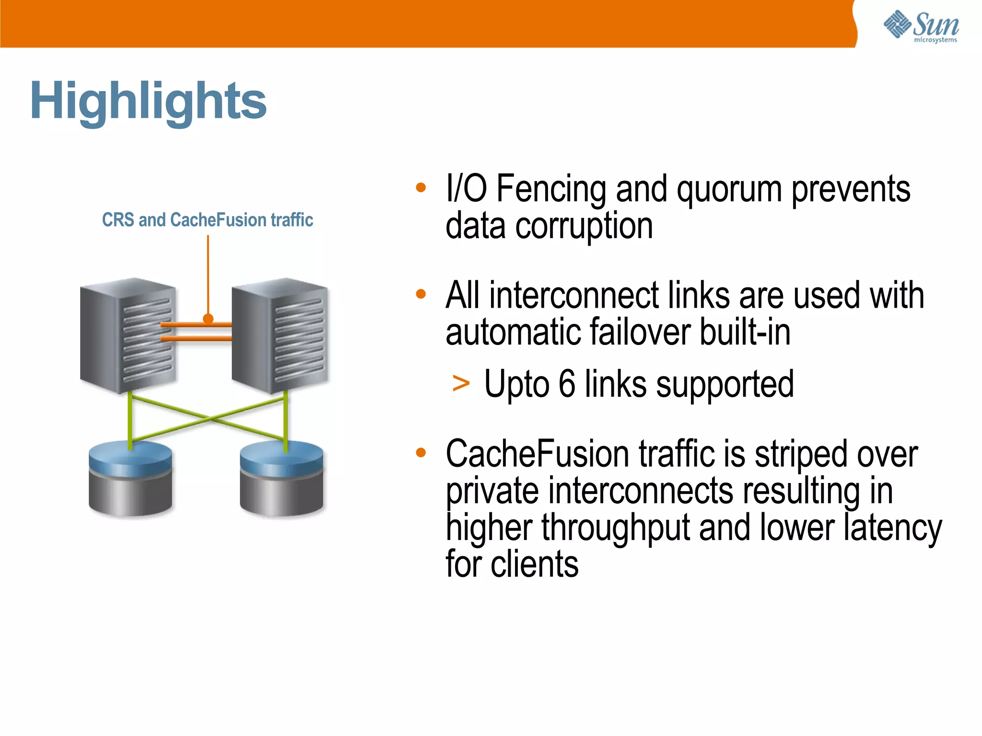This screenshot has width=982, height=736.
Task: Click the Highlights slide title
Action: pos(148,101)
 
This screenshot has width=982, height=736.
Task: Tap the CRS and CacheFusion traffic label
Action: pos(207,220)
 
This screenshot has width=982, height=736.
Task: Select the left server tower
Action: pos(128,335)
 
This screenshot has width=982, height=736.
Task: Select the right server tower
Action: pos(280,335)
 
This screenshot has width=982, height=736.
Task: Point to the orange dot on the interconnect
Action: pos(208,319)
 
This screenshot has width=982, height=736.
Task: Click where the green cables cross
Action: pos(209,419)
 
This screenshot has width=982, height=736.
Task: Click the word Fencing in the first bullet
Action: pos(551,189)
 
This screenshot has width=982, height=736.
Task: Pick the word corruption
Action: pos(584,226)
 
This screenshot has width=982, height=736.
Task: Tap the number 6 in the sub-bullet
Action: pos(567,384)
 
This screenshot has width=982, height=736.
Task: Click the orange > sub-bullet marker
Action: pos(461,384)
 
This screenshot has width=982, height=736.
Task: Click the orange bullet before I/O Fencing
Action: pos(421,187)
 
